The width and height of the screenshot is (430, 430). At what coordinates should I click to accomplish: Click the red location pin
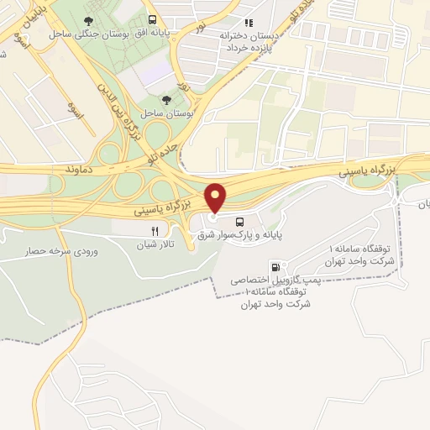click(x=217, y=197)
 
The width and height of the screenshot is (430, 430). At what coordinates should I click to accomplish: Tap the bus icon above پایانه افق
click(x=152, y=19)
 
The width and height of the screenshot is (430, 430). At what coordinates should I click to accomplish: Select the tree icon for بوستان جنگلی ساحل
click(x=89, y=19)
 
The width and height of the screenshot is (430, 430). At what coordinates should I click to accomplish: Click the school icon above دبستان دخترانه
click(x=248, y=24)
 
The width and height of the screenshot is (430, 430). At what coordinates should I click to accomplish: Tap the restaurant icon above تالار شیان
click(x=154, y=231)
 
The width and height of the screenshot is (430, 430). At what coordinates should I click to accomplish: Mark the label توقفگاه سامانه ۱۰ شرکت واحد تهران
click(x=274, y=297)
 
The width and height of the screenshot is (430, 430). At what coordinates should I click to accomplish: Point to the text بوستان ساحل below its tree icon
click(x=168, y=112)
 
